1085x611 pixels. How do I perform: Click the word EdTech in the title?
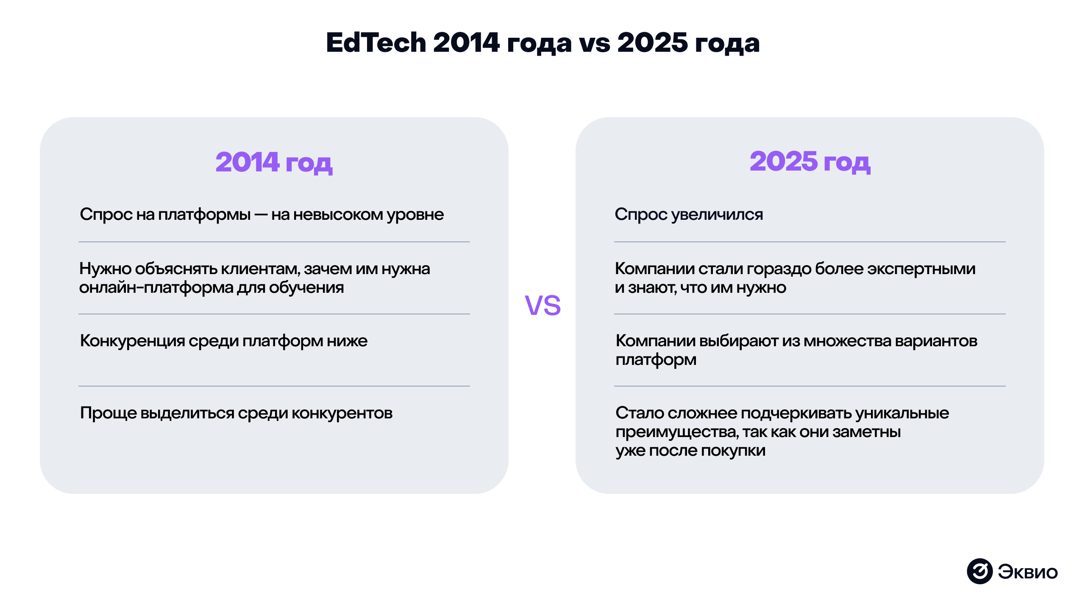click(376, 42)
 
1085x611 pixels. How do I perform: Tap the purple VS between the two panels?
click(542, 305)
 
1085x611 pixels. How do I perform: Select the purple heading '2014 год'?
click(274, 162)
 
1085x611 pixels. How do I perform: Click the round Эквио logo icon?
click(979, 571)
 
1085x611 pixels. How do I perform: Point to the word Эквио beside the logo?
click(1028, 572)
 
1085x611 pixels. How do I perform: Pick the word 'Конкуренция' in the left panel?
click(132, 341)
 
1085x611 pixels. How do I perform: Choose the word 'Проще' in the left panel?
click(108, 413)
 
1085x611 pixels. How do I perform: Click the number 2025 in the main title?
click(652, 42)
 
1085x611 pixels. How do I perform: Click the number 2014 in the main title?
click(466, 42)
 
